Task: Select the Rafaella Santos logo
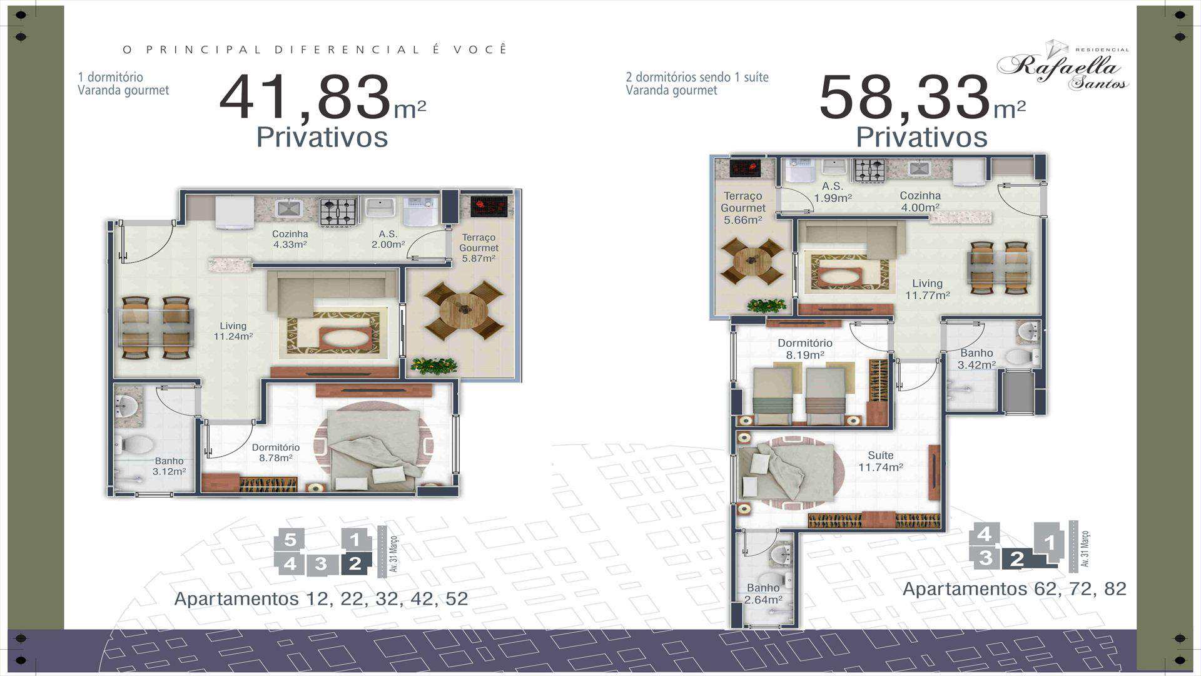[1063, 66]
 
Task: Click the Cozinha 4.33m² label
[290, 239]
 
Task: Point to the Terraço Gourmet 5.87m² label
[479, 248]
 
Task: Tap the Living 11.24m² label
[233, 331]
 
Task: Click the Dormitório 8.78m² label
[275, 453]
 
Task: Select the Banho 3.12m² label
[169, 466]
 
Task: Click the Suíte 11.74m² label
[880, 461]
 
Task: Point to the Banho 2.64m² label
[763, 594]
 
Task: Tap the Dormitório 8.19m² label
[805, 349]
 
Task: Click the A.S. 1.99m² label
[833, 192]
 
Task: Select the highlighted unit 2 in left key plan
[355, 564]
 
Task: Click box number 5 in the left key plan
[290, 540]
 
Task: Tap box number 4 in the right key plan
[984, 535]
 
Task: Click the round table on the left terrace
[464, 310]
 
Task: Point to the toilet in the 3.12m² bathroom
[134, 445]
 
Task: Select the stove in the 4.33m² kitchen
[338, 212]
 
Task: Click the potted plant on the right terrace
[766, 305]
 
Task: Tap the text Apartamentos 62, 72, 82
[1015, 589]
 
